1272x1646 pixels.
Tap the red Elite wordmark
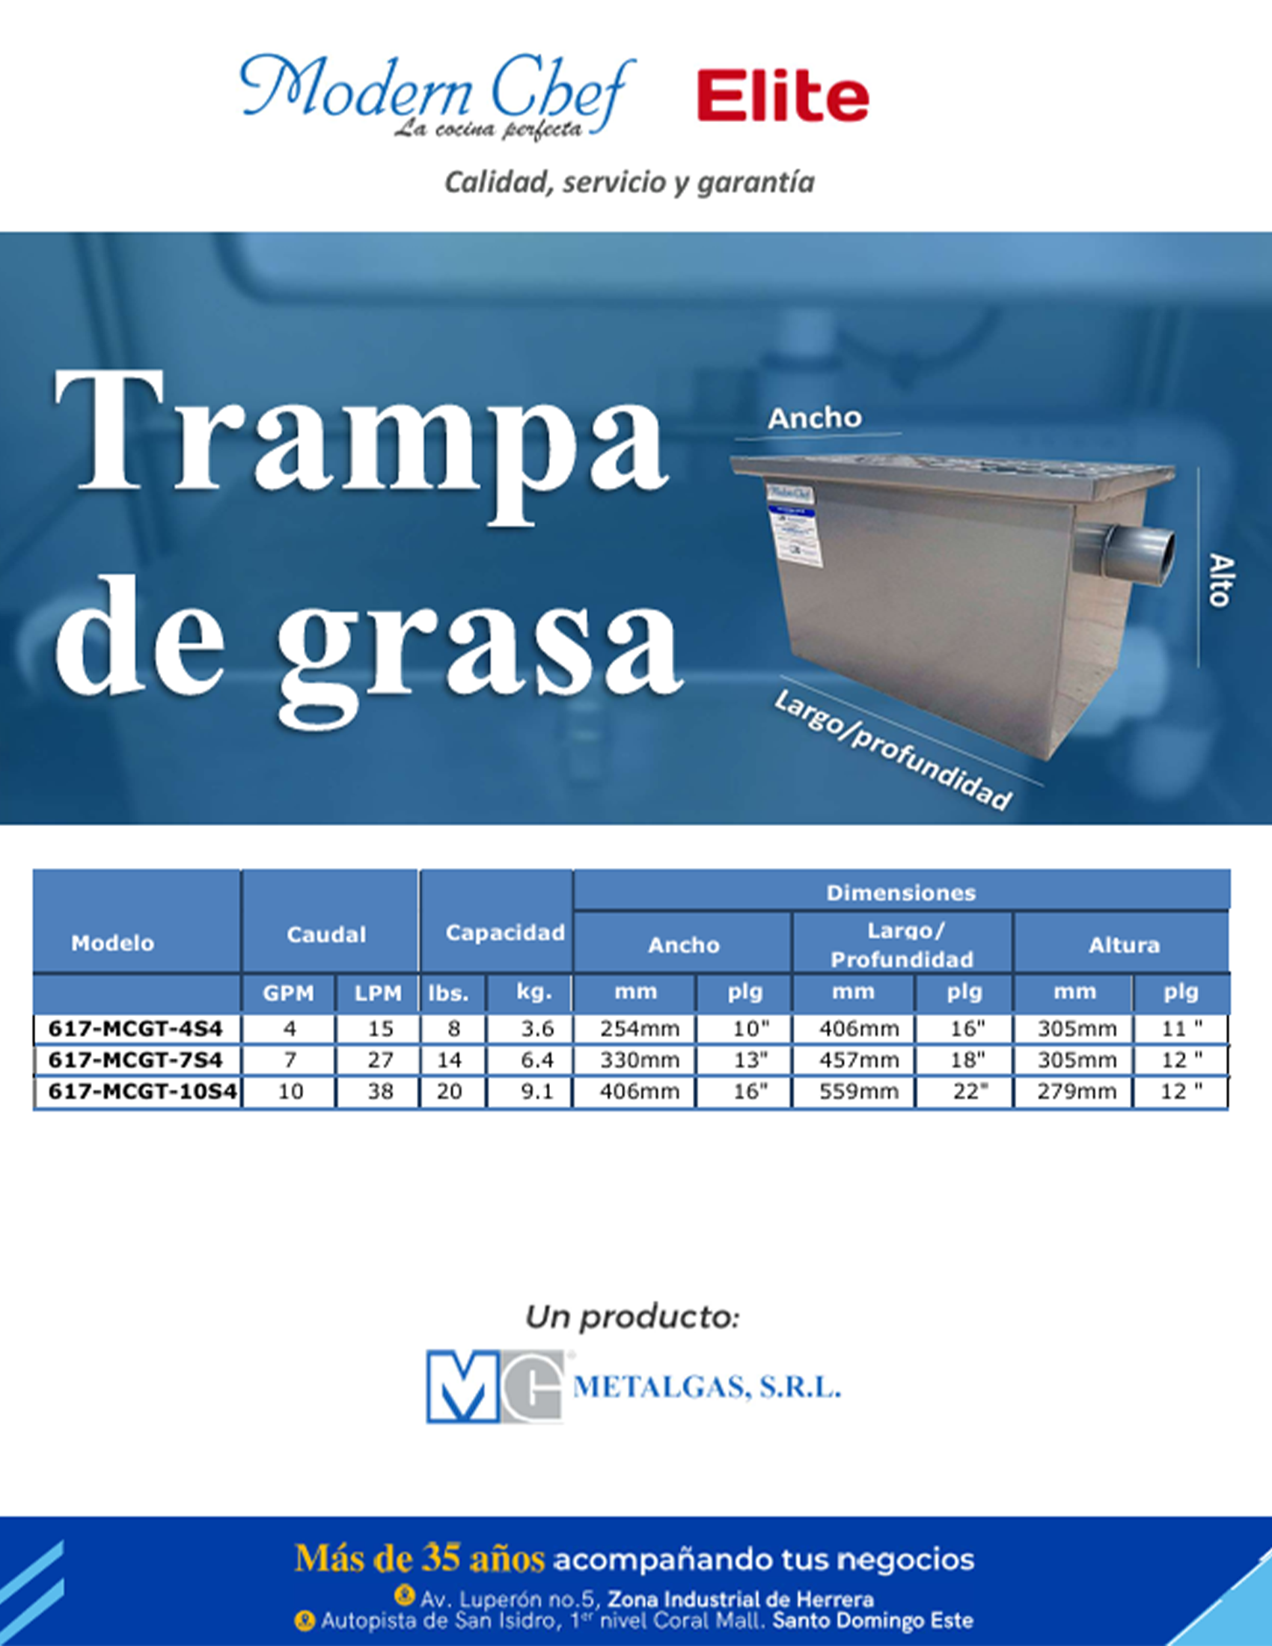tap(783, 97)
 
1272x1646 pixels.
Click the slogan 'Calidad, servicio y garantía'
tap(629, 183)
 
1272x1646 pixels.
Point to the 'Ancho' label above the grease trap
tap(814, 418)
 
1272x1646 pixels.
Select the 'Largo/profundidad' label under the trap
tap(893, 750)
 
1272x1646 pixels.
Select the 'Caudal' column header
tap(326, 934)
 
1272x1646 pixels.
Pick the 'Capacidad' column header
tap(505, 933)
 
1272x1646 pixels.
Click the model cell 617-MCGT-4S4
tap(135, 1029)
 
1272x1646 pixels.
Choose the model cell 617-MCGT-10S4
tap(142, 1092)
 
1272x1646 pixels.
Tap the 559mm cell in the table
tap(859, 1092)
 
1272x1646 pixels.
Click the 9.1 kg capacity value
tap(537, 1092)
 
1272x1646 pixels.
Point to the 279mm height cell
tap(1076, 1092)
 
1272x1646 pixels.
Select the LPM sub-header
tap(378, 994)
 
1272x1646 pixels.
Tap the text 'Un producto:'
tap(632, 1318)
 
